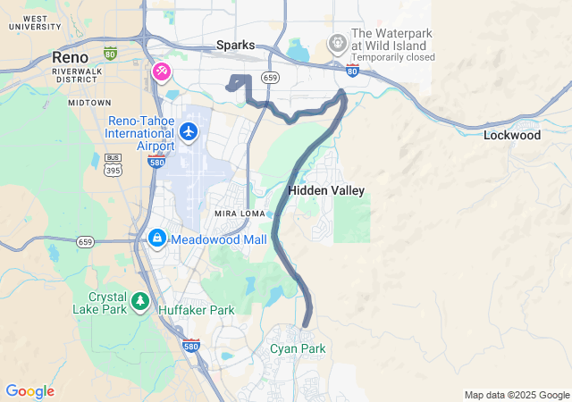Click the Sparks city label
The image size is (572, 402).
236,45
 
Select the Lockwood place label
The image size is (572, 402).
512,136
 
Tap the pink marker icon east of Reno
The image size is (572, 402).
162,71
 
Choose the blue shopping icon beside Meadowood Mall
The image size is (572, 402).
157,239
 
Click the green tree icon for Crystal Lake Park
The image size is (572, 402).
140,302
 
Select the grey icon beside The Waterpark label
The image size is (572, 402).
337,41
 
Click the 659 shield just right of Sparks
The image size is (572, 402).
270,79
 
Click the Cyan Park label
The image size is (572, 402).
299,348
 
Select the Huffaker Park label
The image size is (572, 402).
196,310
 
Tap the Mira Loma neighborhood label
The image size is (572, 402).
236,214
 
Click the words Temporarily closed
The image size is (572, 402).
393,57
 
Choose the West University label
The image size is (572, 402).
36,22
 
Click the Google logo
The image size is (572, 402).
29,391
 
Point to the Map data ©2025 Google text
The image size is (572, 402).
516,395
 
